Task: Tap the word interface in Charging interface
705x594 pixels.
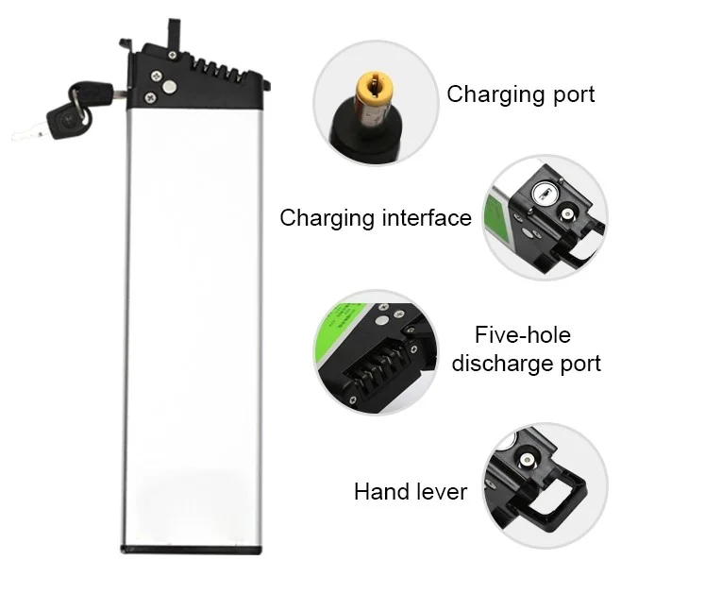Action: point(425,219)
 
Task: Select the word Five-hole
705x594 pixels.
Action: point(522,335)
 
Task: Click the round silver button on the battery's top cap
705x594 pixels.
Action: point(173,84)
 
